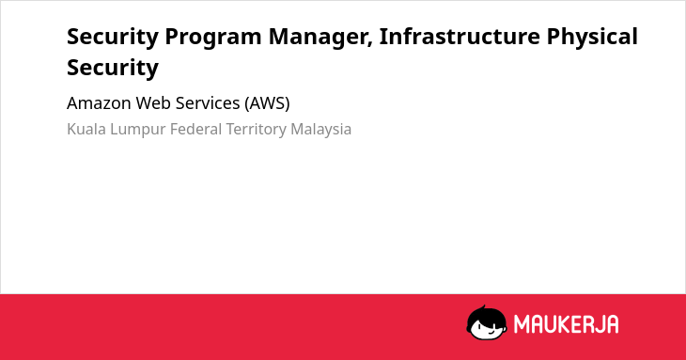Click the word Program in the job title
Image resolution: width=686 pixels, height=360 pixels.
coord(213,38)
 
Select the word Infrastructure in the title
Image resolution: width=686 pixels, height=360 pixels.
coord(460,36)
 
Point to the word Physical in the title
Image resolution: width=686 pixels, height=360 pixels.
coord(592,38)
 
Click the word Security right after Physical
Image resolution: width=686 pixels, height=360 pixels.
coord(113,69)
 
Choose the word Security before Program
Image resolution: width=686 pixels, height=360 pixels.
coord(113,38)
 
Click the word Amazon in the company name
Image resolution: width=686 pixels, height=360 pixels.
coord(99,103)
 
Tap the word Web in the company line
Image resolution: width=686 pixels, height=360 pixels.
coord(153,103)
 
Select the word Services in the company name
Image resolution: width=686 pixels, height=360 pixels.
coord(208,103)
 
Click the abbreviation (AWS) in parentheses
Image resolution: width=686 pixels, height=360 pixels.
coord(267,103)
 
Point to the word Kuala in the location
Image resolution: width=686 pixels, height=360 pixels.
coord(86,130)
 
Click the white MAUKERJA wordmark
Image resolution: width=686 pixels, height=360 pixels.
coord(566,324)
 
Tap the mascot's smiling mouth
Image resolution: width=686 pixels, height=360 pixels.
coord(491,331)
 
